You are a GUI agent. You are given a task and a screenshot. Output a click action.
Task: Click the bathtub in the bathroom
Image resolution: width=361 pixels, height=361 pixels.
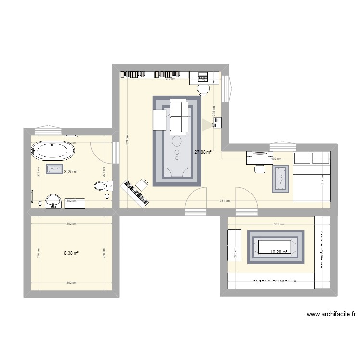point(53,151)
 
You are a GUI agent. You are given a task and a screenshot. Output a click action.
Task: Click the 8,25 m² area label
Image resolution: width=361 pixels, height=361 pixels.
point(71,170)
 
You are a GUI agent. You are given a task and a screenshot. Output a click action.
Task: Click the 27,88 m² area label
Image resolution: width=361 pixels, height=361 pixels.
point(203,152)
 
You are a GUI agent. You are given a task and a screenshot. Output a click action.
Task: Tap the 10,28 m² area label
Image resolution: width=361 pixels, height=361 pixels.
point(279,251)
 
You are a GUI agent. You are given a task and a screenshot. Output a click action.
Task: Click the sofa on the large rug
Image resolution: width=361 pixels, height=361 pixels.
point(178,116)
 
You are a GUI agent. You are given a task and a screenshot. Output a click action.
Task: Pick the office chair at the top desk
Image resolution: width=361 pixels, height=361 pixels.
point(204,89)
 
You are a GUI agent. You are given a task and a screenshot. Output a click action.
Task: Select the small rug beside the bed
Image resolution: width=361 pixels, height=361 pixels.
point(281,179)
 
